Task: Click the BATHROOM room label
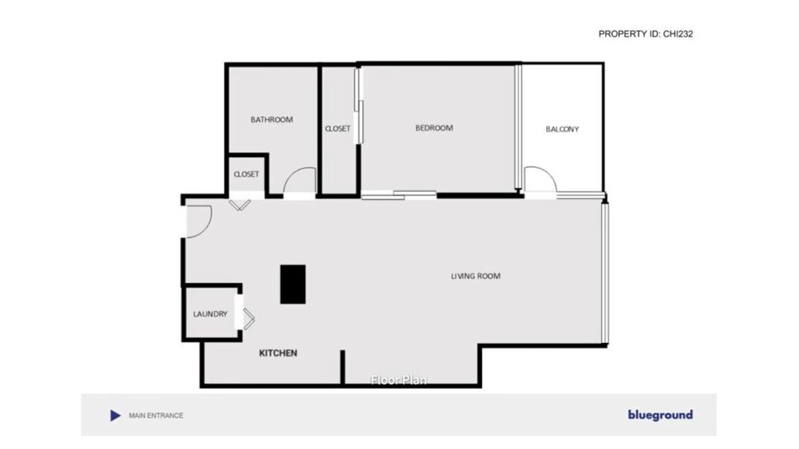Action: click(x=272, y=120)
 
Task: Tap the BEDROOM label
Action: click(x=434, y=128)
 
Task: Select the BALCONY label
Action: click(x=562, y=129)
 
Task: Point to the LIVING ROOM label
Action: click(x=476, y=276)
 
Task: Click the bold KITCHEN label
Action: click(x=278, y=353)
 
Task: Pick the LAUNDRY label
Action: click(x=210, y=314)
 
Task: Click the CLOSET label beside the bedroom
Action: click(x=338, y=128)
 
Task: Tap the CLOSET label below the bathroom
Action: click(x=246, y=174)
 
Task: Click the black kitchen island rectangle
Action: click(x=293, y=284)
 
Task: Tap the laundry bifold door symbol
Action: click(x=249, y=319)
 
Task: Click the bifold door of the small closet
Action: click(x=240, y=206)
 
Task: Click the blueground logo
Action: click(x=660, y=415)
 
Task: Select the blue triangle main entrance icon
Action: click(x=115, y=415)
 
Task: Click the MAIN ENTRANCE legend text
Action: click(x=156, y=415)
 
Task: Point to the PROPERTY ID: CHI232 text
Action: click(x=645, y=34)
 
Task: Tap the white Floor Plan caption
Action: click(x=399, y=380)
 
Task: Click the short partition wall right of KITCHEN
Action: click(x=343, y=367)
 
